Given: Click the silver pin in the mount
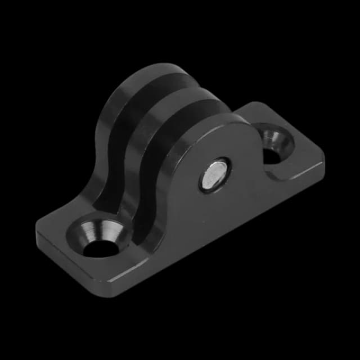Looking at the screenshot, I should coord(215,174).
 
